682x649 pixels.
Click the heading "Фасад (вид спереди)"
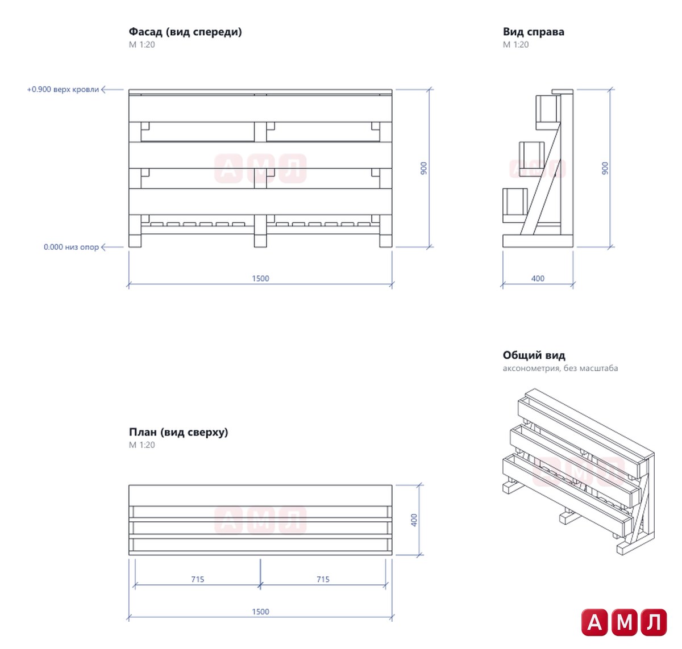coord(185,32)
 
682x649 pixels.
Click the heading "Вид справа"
coord(533,32)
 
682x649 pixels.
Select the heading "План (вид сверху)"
coord(178,432)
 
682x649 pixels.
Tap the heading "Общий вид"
coord(534,355)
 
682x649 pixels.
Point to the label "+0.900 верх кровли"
coord(63,90)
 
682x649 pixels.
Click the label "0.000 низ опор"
coord(71,247)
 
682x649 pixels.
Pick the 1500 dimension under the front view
coord(260,278)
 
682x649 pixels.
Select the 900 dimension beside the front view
coord(423,168)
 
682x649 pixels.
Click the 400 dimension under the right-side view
coord(538,278)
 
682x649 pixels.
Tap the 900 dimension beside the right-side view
coord(605,168)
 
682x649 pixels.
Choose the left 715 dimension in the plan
coord(197,579)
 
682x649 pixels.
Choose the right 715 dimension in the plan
coord(323,579)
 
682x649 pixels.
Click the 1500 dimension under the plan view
coord(260,612)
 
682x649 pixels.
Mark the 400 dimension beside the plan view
coord(414,520)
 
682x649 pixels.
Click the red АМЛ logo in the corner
coord(623,622)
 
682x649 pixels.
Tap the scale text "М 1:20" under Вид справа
coord(515,45)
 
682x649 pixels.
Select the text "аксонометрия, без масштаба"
coord(560,368)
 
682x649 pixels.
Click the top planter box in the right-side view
coord(548,112)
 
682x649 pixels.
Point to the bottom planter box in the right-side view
coord(515,205)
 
